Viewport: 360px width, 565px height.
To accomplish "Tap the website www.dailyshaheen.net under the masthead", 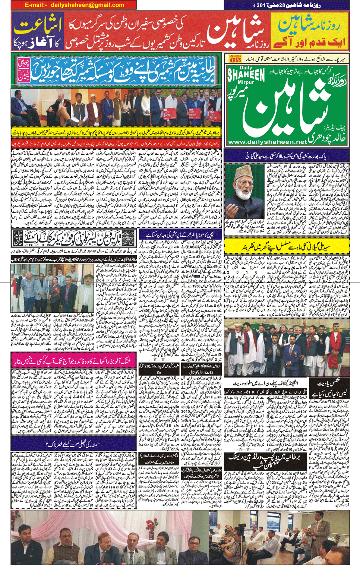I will (x=266, y=142).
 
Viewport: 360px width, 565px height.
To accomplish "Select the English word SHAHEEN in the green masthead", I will (x=246, y=75).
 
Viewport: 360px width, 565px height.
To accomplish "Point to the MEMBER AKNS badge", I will (x=235, y=59).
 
